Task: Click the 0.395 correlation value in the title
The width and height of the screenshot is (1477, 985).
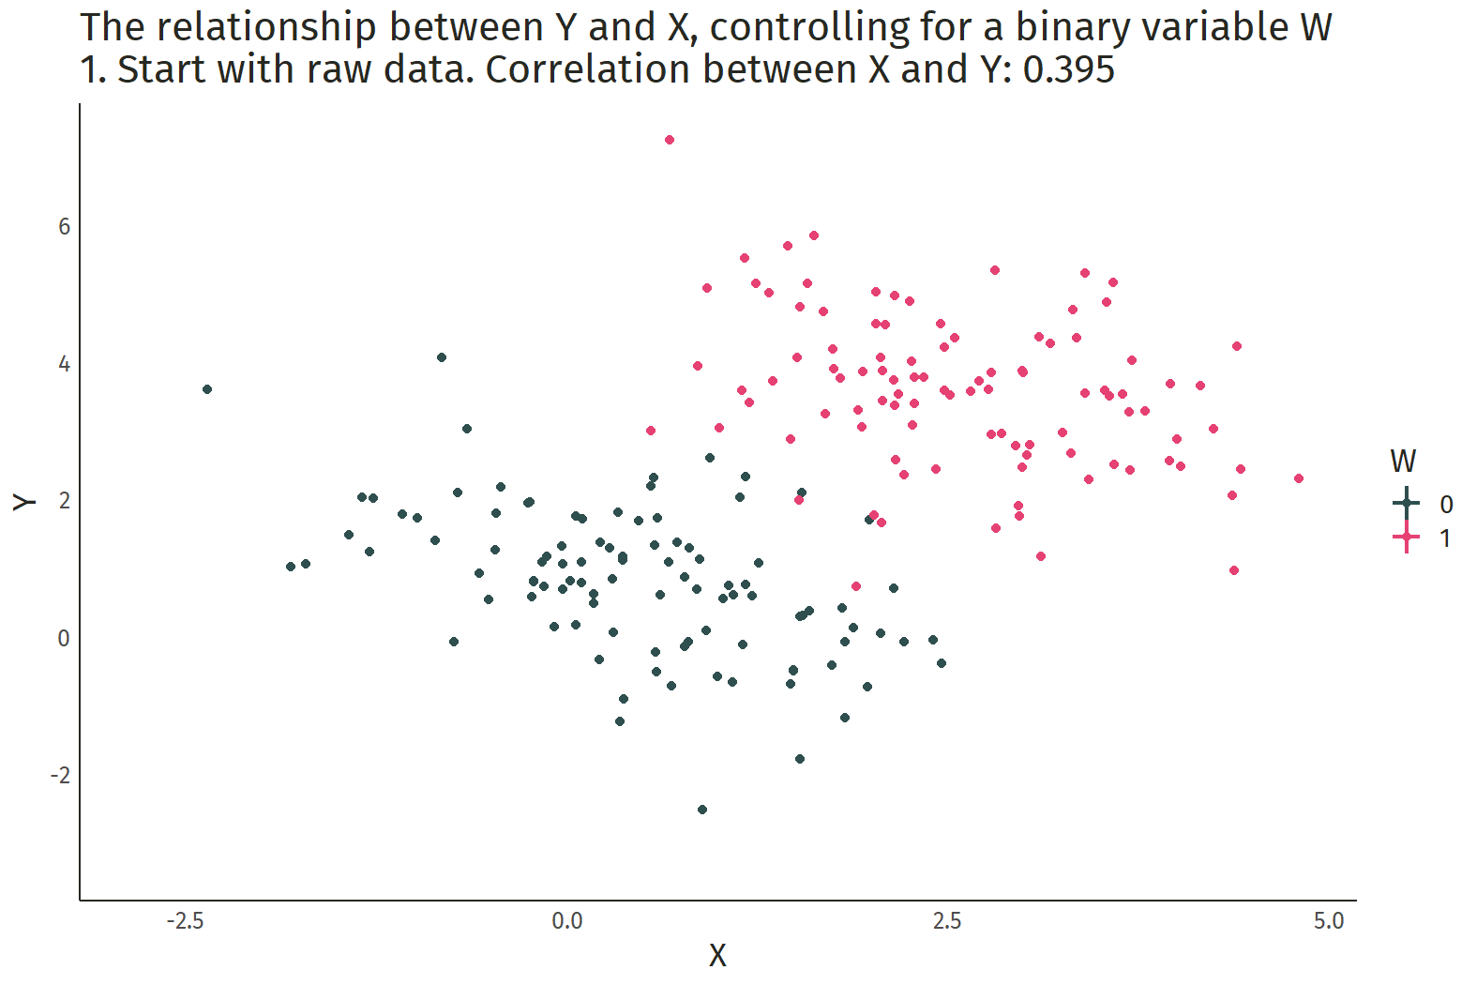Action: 1068,70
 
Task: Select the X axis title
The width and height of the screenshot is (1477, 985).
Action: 717,955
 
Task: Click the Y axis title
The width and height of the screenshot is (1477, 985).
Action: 25,502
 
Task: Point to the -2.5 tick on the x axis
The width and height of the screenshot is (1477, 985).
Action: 185,921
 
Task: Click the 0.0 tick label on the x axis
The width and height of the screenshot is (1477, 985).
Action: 566,921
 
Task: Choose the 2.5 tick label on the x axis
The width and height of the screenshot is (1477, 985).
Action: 947,921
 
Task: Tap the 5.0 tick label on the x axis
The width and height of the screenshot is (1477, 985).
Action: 1329,921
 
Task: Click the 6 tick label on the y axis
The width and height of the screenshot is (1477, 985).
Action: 64,227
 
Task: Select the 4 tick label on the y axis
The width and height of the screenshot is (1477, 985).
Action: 64,364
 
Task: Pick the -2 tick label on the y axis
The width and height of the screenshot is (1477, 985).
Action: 60,776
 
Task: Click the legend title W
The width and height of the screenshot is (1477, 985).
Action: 1403,462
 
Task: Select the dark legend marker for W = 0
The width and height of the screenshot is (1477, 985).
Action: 1406,504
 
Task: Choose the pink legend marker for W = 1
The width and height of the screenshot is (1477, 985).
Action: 1406,538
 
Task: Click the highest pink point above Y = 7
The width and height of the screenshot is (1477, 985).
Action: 670,140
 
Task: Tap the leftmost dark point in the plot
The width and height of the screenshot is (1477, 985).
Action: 207,389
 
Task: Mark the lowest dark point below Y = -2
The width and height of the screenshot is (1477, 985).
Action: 702,810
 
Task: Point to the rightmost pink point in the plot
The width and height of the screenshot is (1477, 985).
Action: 1299,478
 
